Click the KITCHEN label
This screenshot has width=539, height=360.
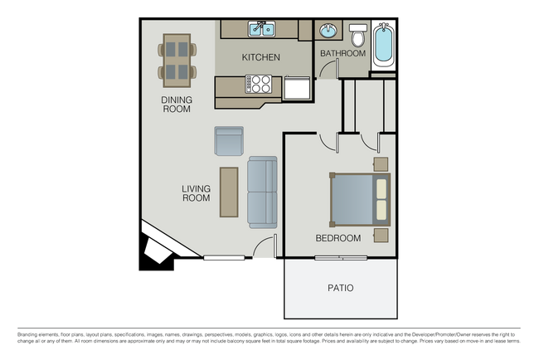pyautogui.click(x=260, y=57)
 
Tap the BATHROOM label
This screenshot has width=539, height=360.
pyautogui.click(x=342, y=53)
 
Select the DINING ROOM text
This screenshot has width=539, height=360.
pyautogui.click(x=177, y=104)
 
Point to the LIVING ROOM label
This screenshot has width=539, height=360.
pyautogui.click(x=196, y=193)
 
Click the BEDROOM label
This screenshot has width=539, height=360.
pyautogui.click(x=337, y=238)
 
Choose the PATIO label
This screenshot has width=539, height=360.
pyautogui.click(x=339, y=288)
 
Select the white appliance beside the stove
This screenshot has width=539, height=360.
pyautogui.click(x=296, y=87)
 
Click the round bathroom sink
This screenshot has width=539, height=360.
pyautogui.click(x=328, y=32)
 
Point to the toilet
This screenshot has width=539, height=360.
pyautogui.click(x=357, y=36)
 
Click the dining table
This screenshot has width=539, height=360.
pyautogui.click(x=178, y=61)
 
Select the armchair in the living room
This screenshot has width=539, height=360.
pyautogui.click(x=229, y=141)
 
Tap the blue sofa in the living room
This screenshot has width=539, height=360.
pyautogui.click(x=262, y=192)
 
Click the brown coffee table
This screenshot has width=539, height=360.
pyautogui.click(x=229, y=192)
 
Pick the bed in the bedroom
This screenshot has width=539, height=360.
pyautogui.click(x=360, y=199)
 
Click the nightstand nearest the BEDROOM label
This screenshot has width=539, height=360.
pyautogui.click(x=381, y=235)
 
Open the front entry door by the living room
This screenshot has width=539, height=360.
pyautogui.click(x=264, y=248)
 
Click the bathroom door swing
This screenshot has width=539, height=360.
pyautogui.click(x=329, y=69)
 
